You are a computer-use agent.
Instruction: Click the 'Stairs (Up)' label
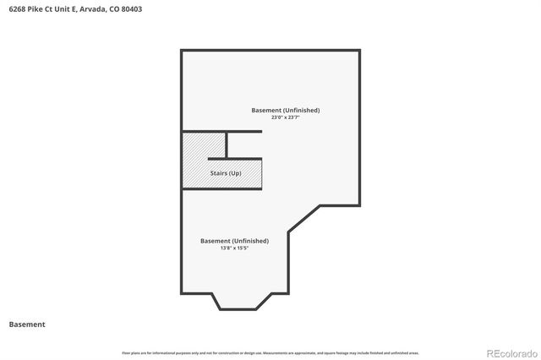point(226,173)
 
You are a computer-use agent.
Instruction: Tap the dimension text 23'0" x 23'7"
point(286,117)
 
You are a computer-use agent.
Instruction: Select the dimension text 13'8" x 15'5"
point(234,248)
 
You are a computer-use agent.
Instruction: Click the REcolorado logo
point(508,352)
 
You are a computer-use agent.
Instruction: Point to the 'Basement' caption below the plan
point(27,324)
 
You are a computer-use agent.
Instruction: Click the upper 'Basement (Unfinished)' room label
point(286,110)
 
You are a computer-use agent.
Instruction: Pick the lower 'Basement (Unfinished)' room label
point(234,241)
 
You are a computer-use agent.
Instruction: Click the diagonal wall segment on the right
point(304,218)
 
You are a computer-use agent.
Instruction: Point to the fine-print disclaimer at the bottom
point(270,352)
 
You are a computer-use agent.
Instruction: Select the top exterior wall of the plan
point(270,51)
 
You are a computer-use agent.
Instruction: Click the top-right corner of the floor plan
point(360,51)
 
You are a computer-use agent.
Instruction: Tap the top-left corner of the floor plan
point(182,51)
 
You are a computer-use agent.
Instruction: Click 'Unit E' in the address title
point(65,8)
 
